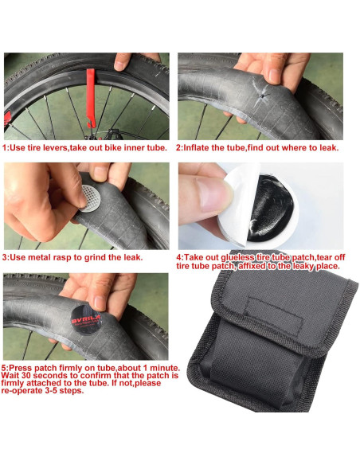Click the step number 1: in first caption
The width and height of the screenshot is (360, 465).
click(8, 147)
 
